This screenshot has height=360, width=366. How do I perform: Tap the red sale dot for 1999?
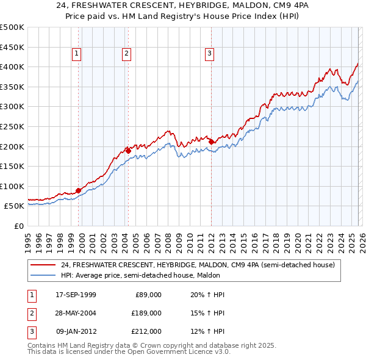coord(79,190)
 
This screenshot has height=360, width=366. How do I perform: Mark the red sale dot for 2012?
coord(211,142)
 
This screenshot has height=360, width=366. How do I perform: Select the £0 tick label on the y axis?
coord(18,226)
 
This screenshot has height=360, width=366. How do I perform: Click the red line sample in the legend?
coord(43,265)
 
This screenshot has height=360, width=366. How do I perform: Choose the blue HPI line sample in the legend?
coord(43,275)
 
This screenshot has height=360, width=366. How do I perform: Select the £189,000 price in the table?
coord(146,313)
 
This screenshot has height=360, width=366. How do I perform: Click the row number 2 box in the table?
coord(31,313)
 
